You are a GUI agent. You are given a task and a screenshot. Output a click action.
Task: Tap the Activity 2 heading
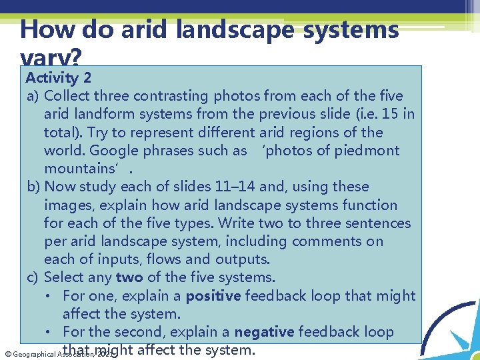(59, 78)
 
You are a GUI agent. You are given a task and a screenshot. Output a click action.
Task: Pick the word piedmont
(373, 150)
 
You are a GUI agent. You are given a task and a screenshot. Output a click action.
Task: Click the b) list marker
(33, 187)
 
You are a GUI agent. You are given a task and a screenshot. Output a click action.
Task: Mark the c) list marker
(33, 277)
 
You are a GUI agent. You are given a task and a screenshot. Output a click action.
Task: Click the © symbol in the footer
(7, 354)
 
